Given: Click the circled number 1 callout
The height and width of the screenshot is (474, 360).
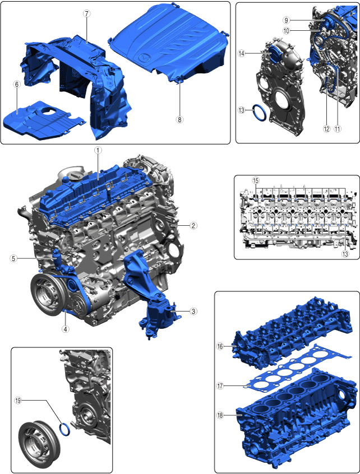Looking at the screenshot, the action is tap(98, 150).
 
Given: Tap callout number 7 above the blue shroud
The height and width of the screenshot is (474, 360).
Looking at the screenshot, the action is tap(86, 13).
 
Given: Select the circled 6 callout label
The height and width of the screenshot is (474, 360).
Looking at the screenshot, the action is tap(17, 85).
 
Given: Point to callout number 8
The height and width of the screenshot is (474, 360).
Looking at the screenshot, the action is tap(179, 120).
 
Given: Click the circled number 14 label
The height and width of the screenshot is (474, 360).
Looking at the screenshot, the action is tap(242, 54).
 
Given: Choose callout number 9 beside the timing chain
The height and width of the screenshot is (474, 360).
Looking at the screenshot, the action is tap(286, 20).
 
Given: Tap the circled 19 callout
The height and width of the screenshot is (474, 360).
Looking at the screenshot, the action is tap(18, 401).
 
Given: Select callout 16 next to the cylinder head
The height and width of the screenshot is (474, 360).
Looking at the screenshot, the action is tap(220, 346).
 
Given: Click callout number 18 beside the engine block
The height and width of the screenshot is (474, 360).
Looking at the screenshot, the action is tap(220, 415).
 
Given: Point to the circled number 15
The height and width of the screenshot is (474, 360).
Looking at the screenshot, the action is tap(256, 180).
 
